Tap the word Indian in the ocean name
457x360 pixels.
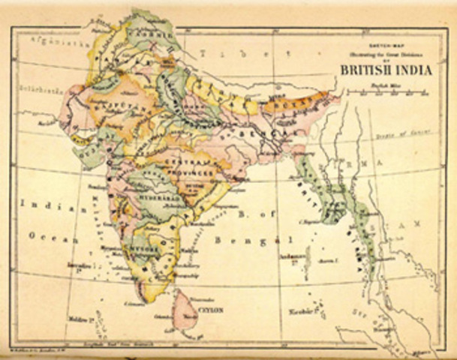(41, 203)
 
